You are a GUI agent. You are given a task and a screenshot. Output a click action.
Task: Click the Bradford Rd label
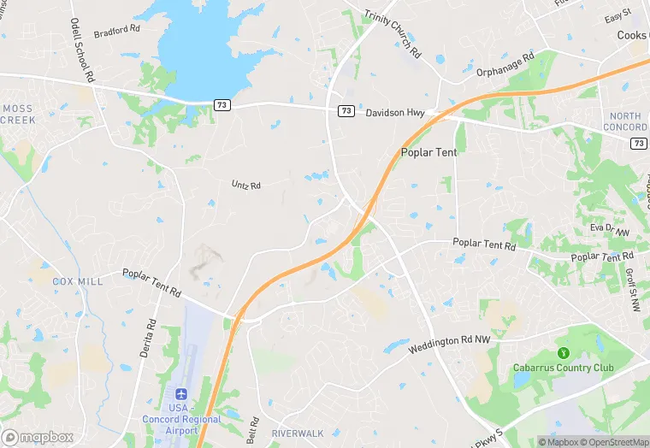(117, 30)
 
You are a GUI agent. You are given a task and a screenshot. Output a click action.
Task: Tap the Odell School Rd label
(81, 50)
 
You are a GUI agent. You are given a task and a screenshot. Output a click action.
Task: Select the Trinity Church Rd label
(393, 34)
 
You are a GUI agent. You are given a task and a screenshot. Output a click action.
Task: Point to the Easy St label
(617, 16)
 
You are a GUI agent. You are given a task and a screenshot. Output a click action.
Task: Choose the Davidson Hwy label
(395, 112)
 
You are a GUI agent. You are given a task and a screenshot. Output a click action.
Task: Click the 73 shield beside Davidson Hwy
(346, 111)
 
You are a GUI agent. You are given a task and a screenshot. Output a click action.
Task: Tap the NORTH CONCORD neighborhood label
(625, 121)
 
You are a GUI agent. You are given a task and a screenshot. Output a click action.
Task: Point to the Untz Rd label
(245, 184)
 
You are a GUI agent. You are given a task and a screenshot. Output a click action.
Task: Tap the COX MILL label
(77, 281)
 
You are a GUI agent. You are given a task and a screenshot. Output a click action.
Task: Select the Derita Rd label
(151, 339)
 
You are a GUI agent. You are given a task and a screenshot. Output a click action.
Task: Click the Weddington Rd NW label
(449, 344)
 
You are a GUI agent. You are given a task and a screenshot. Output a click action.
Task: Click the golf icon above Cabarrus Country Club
(563, 353)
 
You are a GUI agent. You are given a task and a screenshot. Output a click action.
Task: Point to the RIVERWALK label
(297, 433)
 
